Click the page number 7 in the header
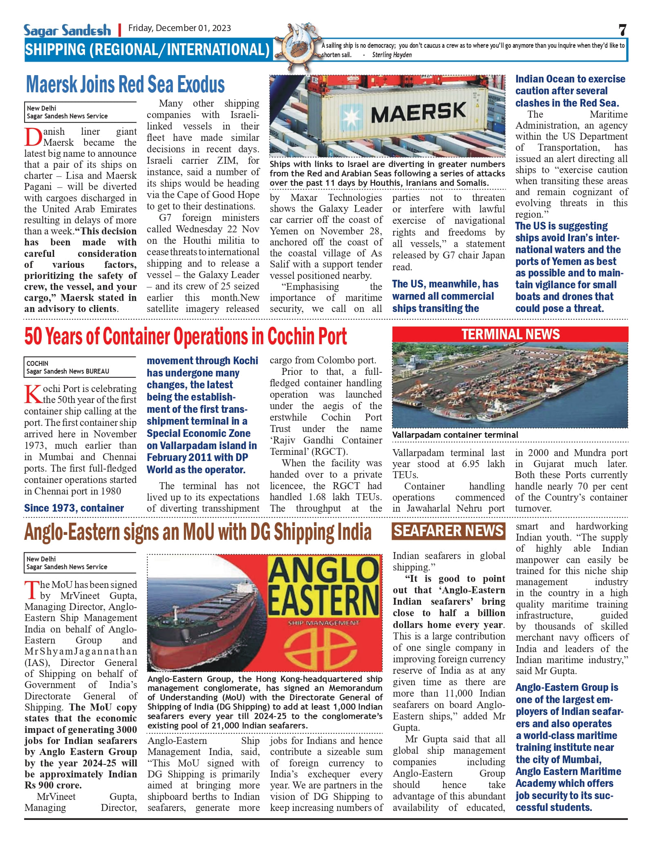tap(622, 30)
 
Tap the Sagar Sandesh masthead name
tap(67, 30)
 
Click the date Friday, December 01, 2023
tap(179, 28)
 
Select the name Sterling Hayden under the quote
tap(392, 55)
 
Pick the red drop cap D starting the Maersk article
tap(33, 137)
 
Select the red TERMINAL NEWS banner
tap(510, 334)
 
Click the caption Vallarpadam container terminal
tap(455, 435)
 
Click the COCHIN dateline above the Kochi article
tap(38, 363)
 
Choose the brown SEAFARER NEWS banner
tap(448, 531)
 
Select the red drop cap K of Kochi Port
tap(32, 394)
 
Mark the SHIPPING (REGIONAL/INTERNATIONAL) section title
tap(147, 50)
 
